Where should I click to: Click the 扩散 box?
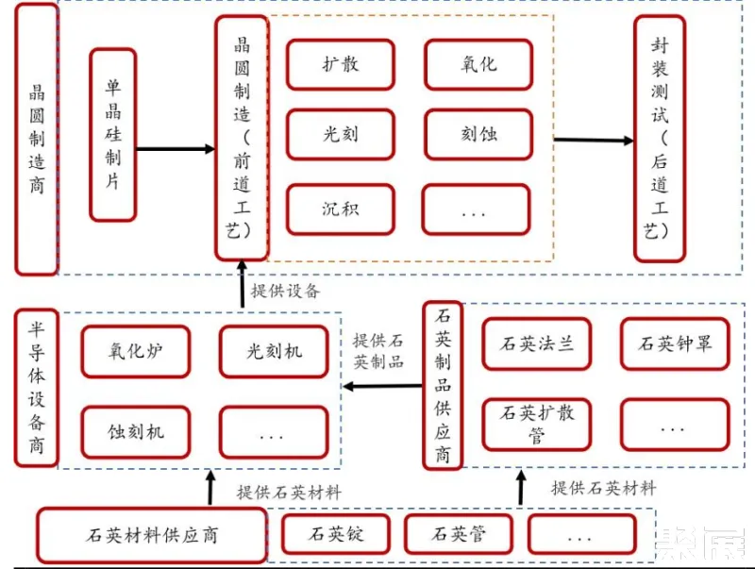(340, 65)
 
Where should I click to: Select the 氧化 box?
(478, 65)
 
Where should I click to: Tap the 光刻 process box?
(340, 135)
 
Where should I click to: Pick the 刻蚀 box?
(478, 135)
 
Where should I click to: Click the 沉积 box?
(340, 209)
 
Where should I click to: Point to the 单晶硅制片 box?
(113, 134)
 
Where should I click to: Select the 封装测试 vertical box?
(661, 140)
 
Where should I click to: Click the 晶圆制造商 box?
(37, 139)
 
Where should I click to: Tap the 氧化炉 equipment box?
(135, 351)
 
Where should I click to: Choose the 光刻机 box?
(274, 351)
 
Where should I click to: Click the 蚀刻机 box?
(135, 432)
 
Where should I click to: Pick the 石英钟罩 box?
(674, 343)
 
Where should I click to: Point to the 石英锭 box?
(337, 534)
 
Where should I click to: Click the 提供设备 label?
(285, 290)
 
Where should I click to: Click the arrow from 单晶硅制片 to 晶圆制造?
(176, 148)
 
